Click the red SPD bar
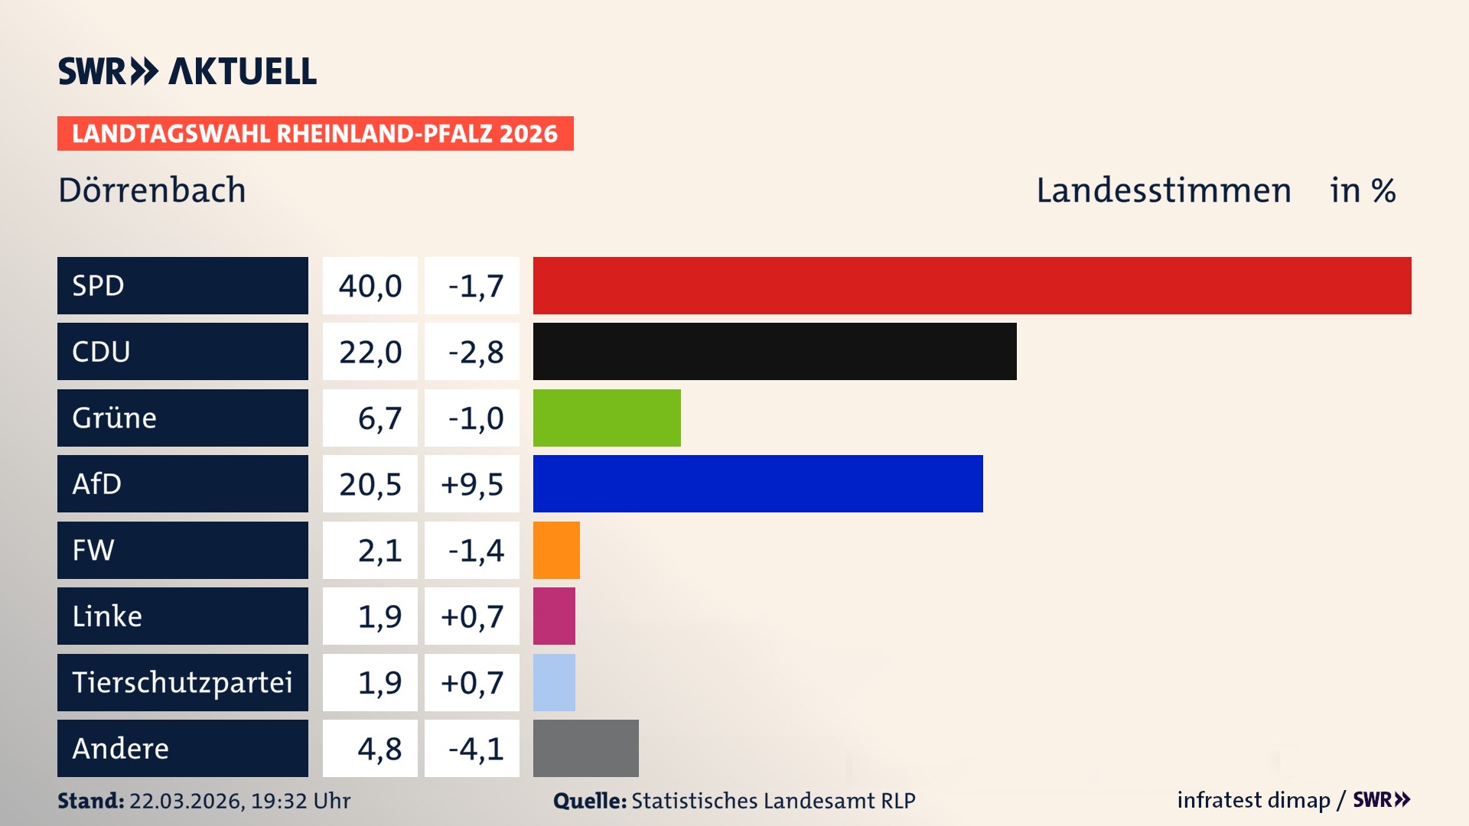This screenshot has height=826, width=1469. click(972, 285)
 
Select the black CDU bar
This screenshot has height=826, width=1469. click(774, 351)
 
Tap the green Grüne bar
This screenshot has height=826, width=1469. click(607, 418)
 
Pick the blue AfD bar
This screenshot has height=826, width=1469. click(757, 483)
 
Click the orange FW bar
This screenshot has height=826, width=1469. click(556, 550)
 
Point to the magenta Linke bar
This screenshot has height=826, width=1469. click(554, 616)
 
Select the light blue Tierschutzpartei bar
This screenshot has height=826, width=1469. click(554, 682)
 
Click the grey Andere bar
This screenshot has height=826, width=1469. click(585, 748)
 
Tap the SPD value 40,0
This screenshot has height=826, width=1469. click(370, 286)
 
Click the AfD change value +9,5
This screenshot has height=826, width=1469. click(472, 484)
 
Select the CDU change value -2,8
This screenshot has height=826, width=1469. click(475, 352)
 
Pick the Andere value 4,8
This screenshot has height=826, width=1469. click(379, 749)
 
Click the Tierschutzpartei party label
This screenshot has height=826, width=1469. click(182, 682)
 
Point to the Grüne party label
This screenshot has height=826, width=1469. click(115, 418)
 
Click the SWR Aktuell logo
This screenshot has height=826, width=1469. click(187, 71)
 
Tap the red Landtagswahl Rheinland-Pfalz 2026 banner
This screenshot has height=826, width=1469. click(315, 134)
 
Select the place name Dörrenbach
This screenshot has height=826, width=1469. click(152, 190)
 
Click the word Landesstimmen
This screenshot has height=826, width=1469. click(1163, 190)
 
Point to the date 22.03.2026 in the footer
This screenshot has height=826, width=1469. click(186, 801)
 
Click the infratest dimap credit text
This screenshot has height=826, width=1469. click(1253, 800)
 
